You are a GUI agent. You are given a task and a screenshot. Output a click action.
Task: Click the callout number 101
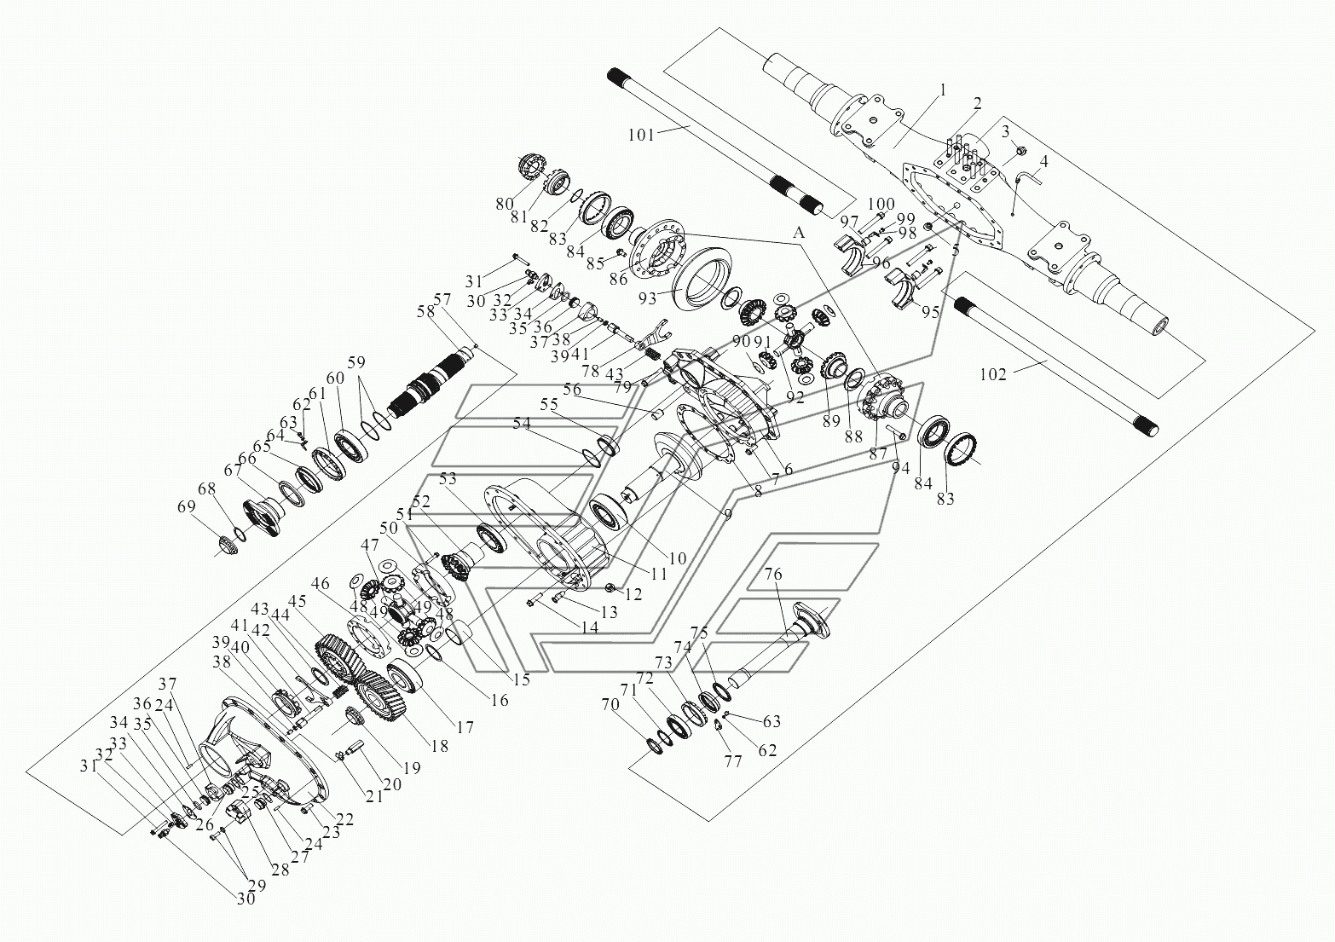[641, 136]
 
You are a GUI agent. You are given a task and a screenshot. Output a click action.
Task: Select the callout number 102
[993, 375]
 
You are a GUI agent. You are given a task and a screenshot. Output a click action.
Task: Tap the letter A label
[800, 234]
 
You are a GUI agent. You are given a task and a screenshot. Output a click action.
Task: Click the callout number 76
[773, 575]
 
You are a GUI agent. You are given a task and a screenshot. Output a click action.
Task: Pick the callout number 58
[427, 312]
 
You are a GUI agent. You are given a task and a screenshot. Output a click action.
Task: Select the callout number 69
[186, 506]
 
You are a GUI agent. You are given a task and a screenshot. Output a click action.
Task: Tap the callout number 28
[280, 870]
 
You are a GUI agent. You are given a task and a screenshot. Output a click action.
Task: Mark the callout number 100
[881, 205]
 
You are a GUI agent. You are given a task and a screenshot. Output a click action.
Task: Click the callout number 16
[500, 700]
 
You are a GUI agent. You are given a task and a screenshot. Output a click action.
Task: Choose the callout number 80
[505, 204]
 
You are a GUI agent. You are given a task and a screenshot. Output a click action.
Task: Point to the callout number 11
[659, 574]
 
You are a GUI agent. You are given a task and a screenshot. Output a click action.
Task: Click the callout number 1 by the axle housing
[942, 90]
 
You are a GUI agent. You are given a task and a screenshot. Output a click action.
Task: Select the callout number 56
[572, 389]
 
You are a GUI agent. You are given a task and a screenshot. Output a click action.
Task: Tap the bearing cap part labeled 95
[907, 288]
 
